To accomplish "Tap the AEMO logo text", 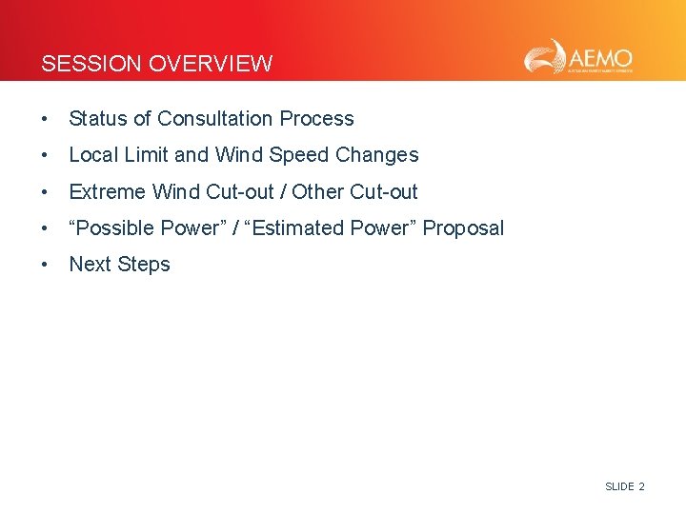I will [601, 54].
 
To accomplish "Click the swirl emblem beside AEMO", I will [546, 56].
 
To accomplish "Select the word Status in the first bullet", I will [98, 119].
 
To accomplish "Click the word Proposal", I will [463, 228].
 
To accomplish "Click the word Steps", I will [145, 265].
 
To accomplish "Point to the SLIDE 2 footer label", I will [624, 486].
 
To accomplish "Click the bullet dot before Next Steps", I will [45, 266].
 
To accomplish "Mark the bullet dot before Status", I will [45, 120].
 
